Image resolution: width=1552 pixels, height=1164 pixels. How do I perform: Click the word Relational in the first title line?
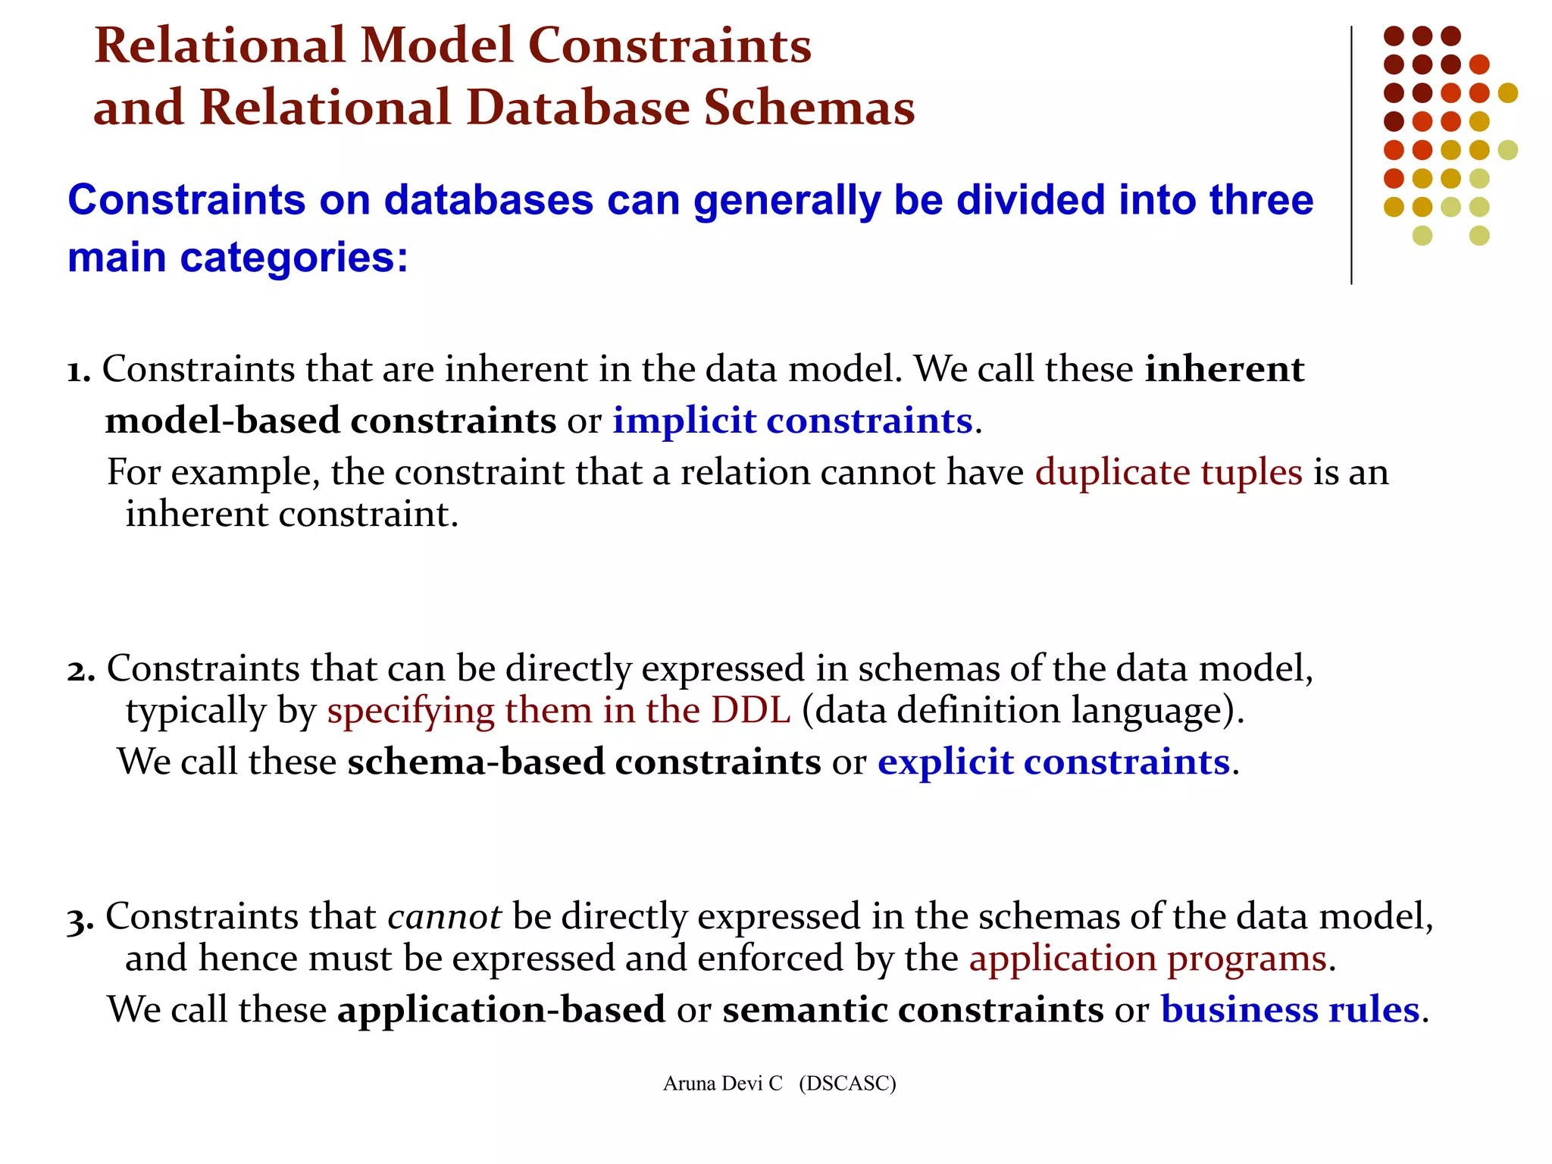(220, 45)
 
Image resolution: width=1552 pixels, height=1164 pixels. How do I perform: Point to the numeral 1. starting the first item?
(79, 371)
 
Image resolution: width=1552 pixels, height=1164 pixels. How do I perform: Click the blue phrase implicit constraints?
(792, 421)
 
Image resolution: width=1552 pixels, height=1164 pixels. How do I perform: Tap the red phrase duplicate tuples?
(1168, 473)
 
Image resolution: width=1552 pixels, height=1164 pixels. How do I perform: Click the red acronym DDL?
(750, 712)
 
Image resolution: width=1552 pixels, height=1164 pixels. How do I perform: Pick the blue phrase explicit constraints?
(1053, 762)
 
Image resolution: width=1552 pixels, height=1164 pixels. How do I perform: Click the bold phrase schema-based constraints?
(584, 762)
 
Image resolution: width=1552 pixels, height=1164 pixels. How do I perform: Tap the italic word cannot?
(444, 917)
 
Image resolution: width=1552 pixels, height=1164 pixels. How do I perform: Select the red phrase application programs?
(1147, 959)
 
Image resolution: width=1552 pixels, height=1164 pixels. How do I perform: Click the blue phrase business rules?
(1289, 1010)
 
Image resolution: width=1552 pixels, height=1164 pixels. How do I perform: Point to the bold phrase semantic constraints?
(912, 1010)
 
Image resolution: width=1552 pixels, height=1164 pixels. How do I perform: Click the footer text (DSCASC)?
(847, 1084)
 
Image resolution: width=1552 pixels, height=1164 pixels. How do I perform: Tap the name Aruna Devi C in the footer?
(722, 1084)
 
